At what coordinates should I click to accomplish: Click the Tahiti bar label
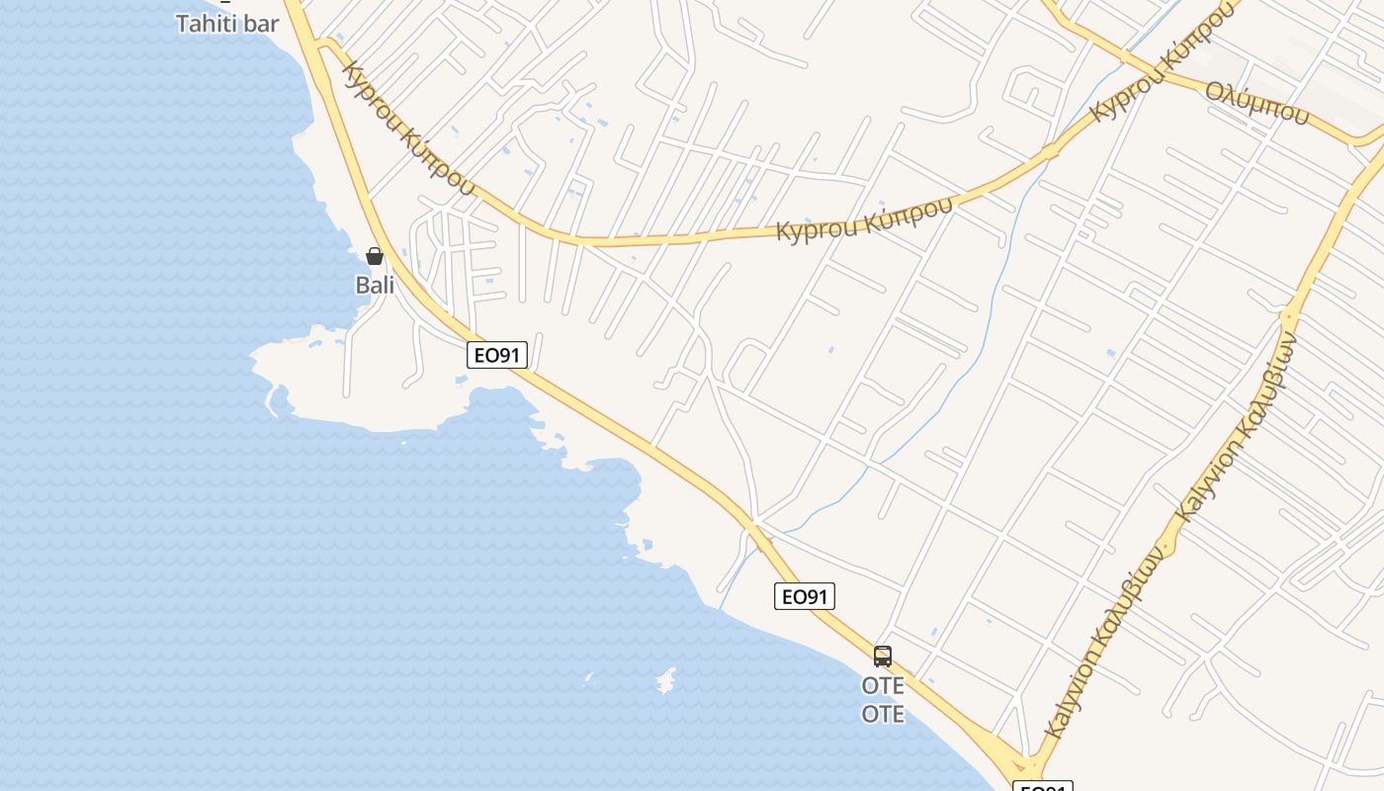[227, 23]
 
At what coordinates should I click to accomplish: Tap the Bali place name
[375, 286]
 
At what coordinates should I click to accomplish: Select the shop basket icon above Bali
[375, 256]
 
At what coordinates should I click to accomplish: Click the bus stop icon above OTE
[883, 656]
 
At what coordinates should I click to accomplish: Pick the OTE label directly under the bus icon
[883, 685]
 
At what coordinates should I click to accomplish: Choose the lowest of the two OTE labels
[883, 714]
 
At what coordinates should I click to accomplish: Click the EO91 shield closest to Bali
[497, 355]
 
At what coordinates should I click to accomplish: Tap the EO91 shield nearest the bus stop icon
[805, 596]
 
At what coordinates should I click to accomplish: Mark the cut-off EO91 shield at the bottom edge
[1042, 786]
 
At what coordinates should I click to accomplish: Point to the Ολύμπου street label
[1256, 103]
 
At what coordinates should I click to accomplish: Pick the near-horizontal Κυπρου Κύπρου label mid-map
[864, 218]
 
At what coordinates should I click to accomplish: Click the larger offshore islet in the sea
[666, 680]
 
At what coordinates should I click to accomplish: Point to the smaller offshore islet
[589, 678]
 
